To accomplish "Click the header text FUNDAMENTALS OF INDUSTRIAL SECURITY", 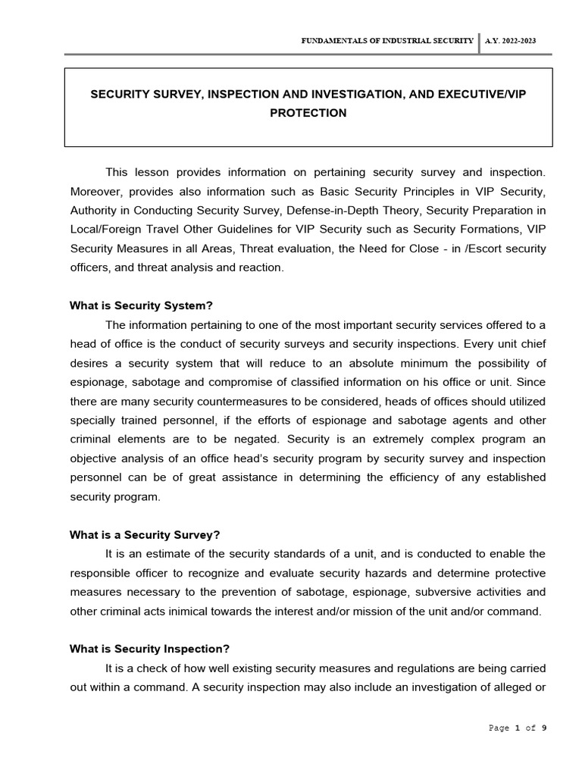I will coord(387,41).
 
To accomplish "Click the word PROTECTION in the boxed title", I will coord(308,113).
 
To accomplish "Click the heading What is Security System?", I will coord(141,305).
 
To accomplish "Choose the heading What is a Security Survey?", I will coord(144,534).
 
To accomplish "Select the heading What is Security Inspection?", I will coord(149,649).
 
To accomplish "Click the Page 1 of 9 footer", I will coord(518,727).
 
